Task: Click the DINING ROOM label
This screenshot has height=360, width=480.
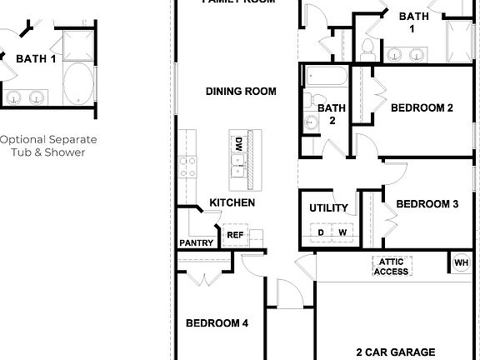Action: point(241,91)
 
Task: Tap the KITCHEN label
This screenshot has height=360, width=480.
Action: point(232,202)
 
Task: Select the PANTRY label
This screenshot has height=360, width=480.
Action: point(197,243)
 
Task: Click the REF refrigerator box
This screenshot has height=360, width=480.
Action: point(235,235)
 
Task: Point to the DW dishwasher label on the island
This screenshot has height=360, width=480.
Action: point(239,142)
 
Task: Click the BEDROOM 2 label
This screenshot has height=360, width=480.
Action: point(422,107)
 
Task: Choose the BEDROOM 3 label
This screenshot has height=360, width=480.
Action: point(427,204)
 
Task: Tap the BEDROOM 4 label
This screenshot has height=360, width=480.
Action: point(217,323)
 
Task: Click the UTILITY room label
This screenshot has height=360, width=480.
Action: point(328,208)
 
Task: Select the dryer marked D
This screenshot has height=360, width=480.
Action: point(321,232)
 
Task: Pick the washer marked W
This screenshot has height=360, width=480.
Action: point(342,232)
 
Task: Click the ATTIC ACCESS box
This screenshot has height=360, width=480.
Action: point(392,266)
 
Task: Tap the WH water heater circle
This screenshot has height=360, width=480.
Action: point(461,263)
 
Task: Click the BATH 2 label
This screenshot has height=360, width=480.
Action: point(331,113)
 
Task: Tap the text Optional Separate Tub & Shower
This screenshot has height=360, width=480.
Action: point(48,145)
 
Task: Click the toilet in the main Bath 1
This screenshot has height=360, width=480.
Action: point(367,47)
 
